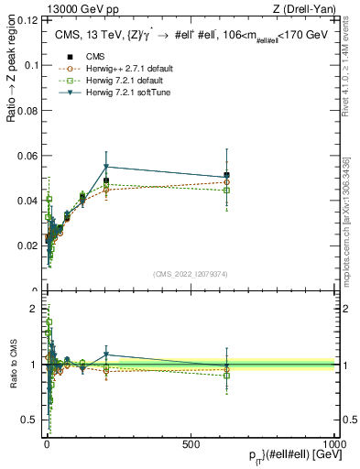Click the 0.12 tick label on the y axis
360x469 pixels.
point(27,19)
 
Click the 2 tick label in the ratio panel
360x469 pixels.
point(33,309)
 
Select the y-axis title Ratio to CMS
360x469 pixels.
point(12,366)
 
